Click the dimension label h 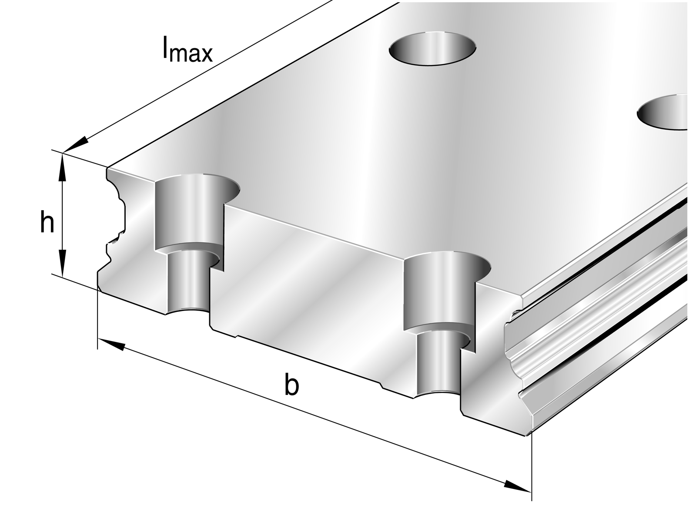click(47, 221)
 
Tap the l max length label click(187, 49)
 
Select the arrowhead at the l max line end click(76, 144)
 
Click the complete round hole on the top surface click(433, 48)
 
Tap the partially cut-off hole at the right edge click(663, 111)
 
